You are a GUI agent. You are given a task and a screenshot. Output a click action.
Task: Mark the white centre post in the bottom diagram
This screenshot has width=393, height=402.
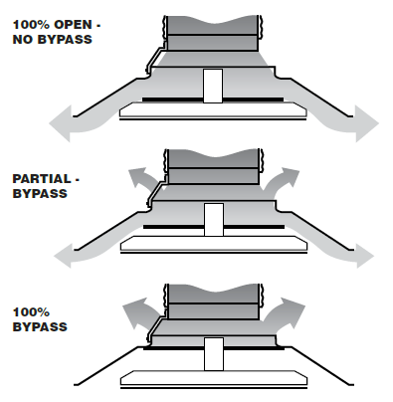(211, 354)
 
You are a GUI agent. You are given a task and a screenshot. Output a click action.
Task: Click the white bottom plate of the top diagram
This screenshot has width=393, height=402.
(210, 110)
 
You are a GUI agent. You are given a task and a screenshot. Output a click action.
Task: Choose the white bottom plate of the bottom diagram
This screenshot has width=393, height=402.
(211, 378)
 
